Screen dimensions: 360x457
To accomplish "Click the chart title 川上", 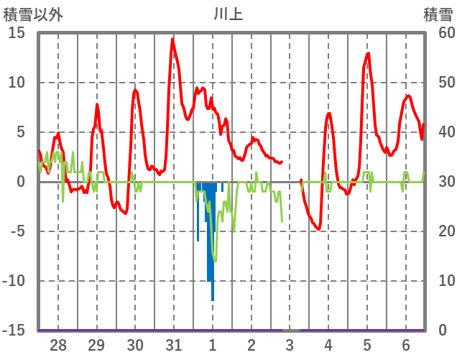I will pyautogui.click(x=228, y=14).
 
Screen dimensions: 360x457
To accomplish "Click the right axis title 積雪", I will pyautogui.click(x=438, y=14).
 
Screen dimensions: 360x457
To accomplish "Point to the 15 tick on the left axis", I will pyautogui.click(x=17, y=33).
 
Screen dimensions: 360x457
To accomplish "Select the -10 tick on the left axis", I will pyautogui.click(x=14, y=281).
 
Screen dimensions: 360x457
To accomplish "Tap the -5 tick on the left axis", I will pyautogui.click(x=17, y=231).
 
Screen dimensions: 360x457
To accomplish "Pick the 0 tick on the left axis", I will pyautogui.click(x=21, y=182).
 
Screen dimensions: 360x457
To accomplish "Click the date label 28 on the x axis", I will pyautogui.click(x=58, y=344).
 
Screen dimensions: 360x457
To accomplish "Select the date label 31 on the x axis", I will pyautogui.click(x=173, y=344).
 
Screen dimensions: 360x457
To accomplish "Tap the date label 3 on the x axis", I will pyautogui.click(x=290, y=344).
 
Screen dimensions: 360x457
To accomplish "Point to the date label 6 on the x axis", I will pyautogui.click(x=406, y=344).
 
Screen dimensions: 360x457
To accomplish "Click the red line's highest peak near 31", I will pyautogui.click(x=172, y=39).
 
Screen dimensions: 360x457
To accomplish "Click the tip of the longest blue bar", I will pyautogui.click(x=213, y=300).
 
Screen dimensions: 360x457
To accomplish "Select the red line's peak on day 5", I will pyautogui.click(x=369, y=53).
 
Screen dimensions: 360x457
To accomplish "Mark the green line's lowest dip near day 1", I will pyautogui.click(x=214, y=262).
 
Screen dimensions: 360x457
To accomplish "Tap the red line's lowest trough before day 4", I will pyautogui.click(x=318, y=229).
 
